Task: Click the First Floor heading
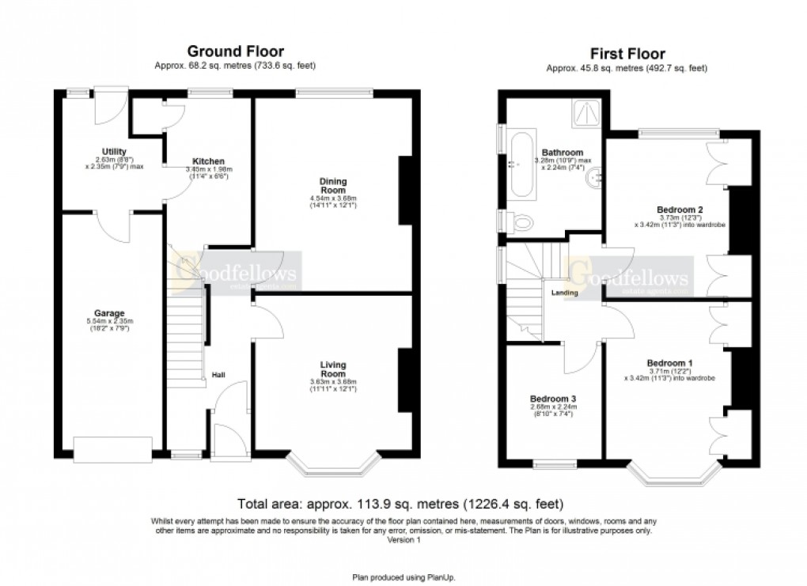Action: point(627,55)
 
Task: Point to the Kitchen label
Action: point(208,161)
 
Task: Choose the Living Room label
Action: point(332,369)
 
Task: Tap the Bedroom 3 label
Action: point(553,399)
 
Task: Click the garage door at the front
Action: point(112,448)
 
